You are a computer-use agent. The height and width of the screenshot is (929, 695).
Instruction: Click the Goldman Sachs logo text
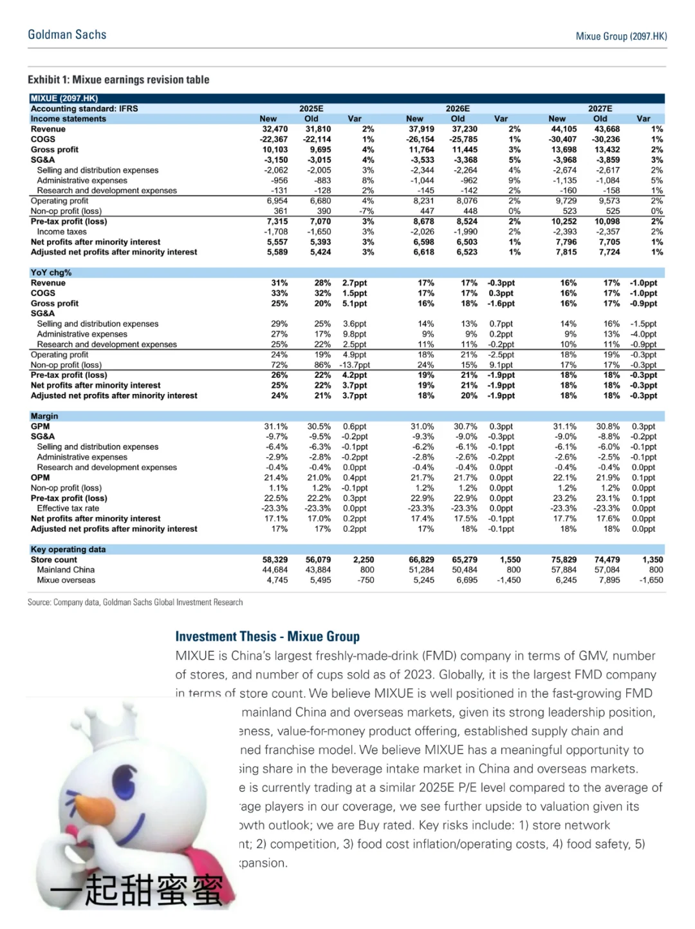click(67, 35)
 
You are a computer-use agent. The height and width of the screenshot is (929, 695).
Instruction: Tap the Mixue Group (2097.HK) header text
click(621, 36)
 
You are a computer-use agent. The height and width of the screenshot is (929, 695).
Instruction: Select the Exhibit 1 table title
click(118, 80)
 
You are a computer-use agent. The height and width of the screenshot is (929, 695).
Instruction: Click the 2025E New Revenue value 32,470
click(275, 129)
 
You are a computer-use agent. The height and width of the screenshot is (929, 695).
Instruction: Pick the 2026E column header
click(458, 109)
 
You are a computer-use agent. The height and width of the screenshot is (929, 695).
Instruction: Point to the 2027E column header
click(600, 109)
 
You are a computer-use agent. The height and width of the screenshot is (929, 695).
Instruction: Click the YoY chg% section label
click(51, 272)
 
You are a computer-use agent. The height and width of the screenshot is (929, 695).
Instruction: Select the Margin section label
click(44, 416)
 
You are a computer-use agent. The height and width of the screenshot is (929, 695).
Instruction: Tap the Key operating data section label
click(68, 549)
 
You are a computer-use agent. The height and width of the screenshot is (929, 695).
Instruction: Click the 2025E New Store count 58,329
click(275, 559)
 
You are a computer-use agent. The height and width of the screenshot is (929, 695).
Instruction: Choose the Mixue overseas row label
click(66, 580)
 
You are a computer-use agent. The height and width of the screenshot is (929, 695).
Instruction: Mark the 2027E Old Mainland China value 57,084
click(607, 570)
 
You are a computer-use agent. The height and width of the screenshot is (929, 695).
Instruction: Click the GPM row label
click(40, 426)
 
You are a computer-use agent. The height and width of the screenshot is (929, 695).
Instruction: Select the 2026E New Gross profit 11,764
click(422, 149)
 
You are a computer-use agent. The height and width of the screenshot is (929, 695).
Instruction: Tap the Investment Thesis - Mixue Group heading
click(267, 637)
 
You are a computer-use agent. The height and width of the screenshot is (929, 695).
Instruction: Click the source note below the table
click(135, 603)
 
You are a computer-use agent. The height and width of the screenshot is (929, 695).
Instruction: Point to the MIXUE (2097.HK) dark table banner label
click(64, 99)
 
